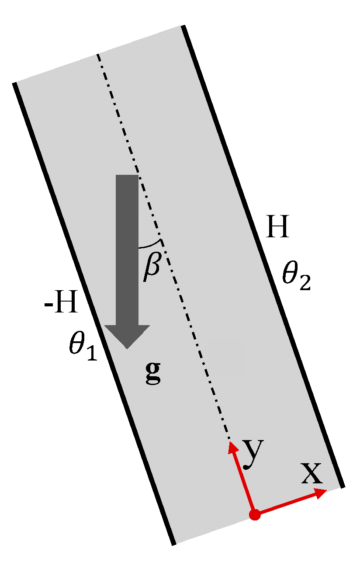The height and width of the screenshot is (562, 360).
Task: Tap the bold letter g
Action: (x=152, y=372)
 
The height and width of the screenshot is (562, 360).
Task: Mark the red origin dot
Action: (x=255, y=515)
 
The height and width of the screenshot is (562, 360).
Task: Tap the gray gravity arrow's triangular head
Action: (x=127, y=336)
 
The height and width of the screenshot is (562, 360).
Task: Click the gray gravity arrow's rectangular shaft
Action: (x=127, y=249)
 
